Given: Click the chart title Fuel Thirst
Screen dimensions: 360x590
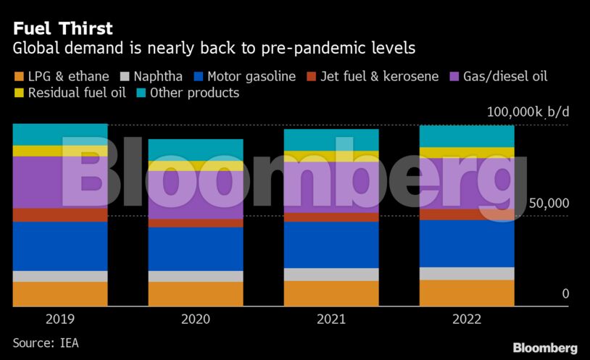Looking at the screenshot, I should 62,29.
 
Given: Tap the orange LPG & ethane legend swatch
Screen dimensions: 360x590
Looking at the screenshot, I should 19,76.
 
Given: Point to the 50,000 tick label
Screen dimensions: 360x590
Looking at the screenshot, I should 549,204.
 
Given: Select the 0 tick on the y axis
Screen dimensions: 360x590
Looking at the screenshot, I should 565,293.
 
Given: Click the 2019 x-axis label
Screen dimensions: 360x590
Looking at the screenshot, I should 60,319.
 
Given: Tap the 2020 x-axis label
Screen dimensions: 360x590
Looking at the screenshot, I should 196,319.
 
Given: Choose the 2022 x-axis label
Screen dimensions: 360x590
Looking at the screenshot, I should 467,319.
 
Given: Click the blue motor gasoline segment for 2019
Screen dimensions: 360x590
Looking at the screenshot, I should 60,246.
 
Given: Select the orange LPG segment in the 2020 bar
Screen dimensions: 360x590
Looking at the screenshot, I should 196,293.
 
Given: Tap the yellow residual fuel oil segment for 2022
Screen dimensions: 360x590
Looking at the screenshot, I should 467,153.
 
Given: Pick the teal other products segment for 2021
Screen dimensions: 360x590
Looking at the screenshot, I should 331,140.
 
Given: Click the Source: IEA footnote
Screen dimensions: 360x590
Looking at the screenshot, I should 46,343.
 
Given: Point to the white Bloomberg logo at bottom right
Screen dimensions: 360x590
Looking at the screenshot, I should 545,348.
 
